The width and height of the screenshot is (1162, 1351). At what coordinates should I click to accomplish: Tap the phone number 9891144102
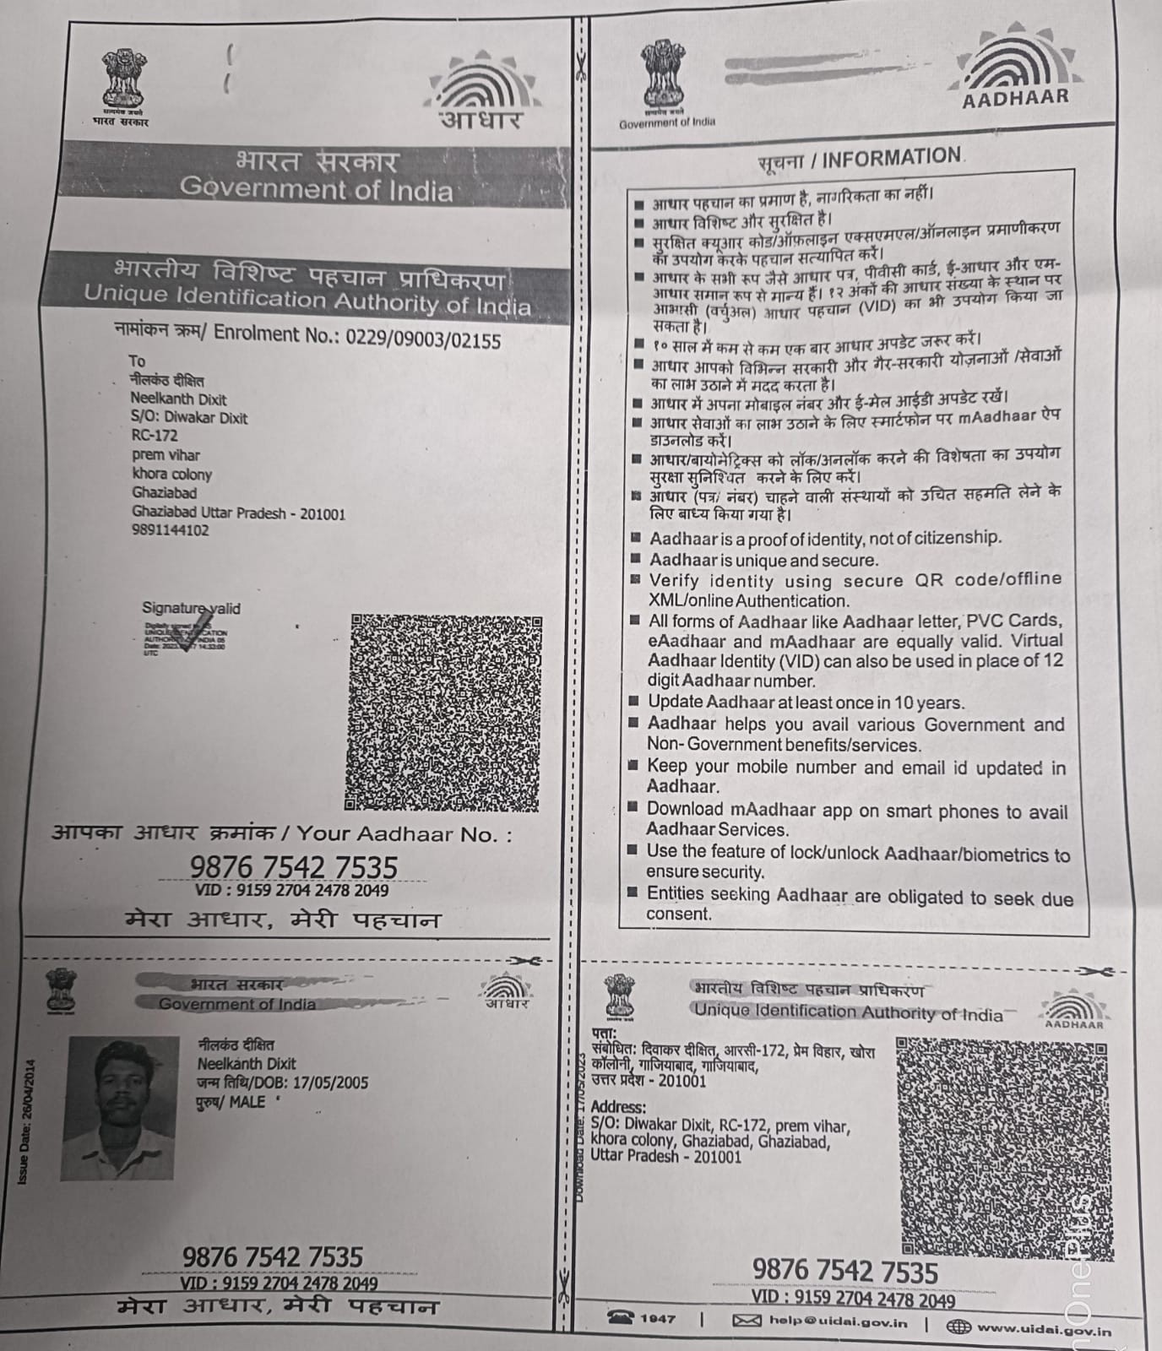click(x=170, y=530)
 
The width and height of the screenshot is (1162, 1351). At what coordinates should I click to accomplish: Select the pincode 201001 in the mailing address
click(x=323, y=513)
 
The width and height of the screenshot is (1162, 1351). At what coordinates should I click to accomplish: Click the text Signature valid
click(x=191, y=608)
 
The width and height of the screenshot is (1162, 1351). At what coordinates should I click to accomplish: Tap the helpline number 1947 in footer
click(x=657, y=1318)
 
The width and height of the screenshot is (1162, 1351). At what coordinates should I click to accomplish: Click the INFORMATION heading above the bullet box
click(x=892, y=158)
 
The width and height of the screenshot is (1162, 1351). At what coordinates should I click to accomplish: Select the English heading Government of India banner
click(x=316, y=188)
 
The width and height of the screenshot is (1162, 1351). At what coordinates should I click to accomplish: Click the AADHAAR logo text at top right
click(x=1016, y=98)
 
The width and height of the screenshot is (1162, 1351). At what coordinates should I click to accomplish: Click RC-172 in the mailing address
click(x=154, y=436)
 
